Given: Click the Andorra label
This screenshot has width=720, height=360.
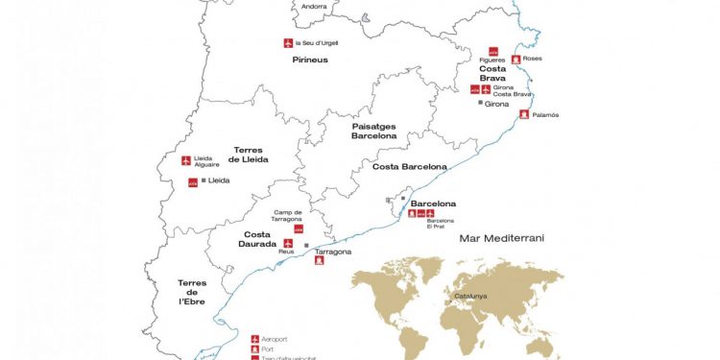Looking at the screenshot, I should click(314, 7).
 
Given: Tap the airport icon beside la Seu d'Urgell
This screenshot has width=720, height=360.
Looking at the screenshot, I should click(288, 42).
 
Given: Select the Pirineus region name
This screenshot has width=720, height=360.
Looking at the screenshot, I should click(310, 60).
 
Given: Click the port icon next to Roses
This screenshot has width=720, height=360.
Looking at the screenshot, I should click(516, 60).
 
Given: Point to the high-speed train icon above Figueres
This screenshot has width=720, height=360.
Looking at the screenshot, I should click(493, 51).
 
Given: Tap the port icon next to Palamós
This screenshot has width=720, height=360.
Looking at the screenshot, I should click(523, 114).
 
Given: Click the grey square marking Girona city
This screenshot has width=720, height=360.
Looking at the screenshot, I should click(480, 103).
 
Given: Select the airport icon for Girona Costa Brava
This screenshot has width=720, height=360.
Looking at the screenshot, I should click(486, 89).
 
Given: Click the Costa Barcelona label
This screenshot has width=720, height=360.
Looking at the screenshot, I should click(410, 167).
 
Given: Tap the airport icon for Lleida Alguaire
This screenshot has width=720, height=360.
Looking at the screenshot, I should click(186, 159).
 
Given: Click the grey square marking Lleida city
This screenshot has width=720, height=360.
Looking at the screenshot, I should click(204, 180).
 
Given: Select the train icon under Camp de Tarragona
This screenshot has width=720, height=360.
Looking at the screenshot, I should click(298, 229).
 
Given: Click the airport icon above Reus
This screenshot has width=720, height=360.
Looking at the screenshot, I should click(287, 244).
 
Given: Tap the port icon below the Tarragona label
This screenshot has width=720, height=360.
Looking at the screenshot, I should click(320, 259).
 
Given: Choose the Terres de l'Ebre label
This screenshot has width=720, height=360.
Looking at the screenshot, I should click(192, 292).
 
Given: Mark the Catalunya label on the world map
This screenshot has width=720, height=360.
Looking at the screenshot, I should click(471, 296).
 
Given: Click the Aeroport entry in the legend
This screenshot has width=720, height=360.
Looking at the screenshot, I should click(275, 338).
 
